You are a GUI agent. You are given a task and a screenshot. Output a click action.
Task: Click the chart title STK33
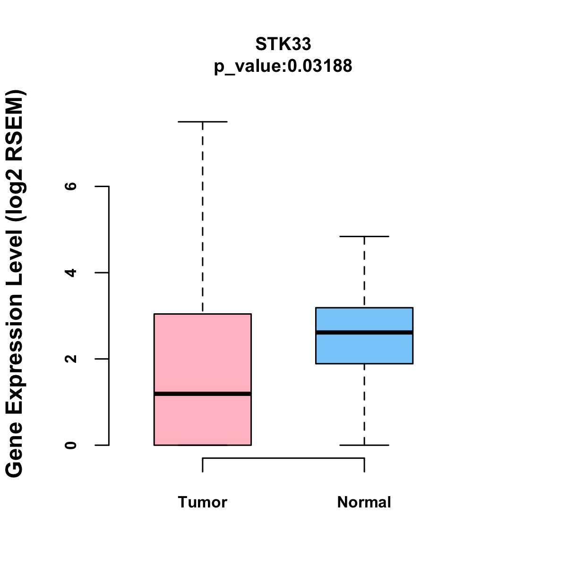click(x=283, y=44)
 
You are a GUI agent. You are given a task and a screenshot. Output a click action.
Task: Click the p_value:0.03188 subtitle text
click(x=283, y=66)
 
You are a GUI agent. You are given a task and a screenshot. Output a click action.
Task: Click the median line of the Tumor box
click(x=202, y=394)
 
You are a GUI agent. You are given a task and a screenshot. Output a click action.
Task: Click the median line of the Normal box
click(x=364, y=332)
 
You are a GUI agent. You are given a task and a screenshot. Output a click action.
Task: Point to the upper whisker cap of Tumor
click(x=202, y=122)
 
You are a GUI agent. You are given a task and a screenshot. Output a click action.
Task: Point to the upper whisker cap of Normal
click(x=364, y=236)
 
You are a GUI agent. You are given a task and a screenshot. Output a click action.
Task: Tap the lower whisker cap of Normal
click(x=364, y=445)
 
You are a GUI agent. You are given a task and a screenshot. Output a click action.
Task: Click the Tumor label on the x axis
click(x=202, y=502)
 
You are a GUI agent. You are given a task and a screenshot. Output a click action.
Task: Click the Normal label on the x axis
click(x=364, y=502)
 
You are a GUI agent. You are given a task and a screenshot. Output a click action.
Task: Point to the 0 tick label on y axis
click(x=71, y=445)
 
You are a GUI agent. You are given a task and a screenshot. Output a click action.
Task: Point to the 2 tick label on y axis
click(x=71, y=359)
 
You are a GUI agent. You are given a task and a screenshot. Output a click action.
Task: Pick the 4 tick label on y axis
click(x=71, y=273)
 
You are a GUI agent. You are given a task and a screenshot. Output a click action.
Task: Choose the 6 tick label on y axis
click(x=71, y=186)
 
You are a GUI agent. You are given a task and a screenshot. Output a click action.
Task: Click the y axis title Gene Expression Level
click(x=15, y=283)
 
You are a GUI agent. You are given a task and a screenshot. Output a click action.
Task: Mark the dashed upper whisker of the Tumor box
click(x=202, y=217)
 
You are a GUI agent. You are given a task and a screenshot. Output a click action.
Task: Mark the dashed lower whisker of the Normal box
click(x=364, y=404)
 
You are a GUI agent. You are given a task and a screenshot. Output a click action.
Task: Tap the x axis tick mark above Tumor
click(x=203, y=465)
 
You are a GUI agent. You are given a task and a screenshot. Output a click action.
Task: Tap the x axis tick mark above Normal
click(x=364, y=465)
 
